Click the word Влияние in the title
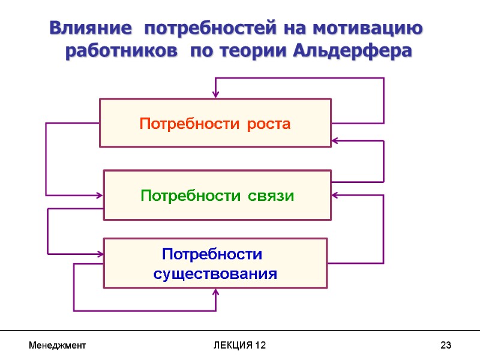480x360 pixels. tap(91, 28)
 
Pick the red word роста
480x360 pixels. tap(269, 124)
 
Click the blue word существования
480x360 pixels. tap(215, 274)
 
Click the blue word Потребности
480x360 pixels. tap(212, 254)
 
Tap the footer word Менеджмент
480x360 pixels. tap(58, 346)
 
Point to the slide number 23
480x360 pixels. tap(445, 346)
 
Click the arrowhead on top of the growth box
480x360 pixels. tap(215, 95)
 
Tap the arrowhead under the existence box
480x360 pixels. tap(216, 292)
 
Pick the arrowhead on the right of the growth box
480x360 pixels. tap(335, 141)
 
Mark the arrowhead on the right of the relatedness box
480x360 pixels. tap(335, 195)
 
